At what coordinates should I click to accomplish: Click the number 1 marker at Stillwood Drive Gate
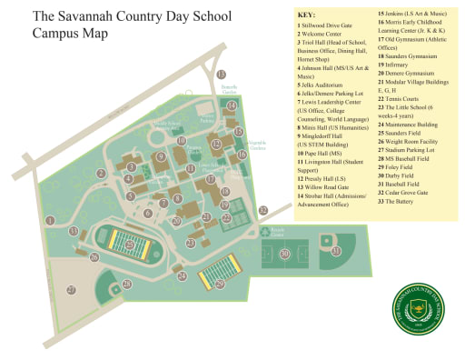click(x=51, y=220)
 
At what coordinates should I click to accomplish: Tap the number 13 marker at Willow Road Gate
click(x=222, y=74)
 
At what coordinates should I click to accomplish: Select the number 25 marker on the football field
click(x=131, y=244)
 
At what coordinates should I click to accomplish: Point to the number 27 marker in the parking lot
click(x=72, y=290)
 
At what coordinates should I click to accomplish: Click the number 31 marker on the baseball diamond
click(x=335, y=250)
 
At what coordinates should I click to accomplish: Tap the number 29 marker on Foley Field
click(x=220, y=284)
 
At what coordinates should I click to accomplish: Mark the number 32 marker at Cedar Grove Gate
click(x=262, y=210)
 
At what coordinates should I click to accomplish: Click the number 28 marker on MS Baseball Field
click(x=127, y=284)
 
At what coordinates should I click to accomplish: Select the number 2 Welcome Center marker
click(x=102, y=173)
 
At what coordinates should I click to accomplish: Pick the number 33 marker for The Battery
click(x=74, y=231)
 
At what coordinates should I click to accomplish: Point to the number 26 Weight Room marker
click(x=94, y=257)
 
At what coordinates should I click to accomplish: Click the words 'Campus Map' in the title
click(x=70, y=34)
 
